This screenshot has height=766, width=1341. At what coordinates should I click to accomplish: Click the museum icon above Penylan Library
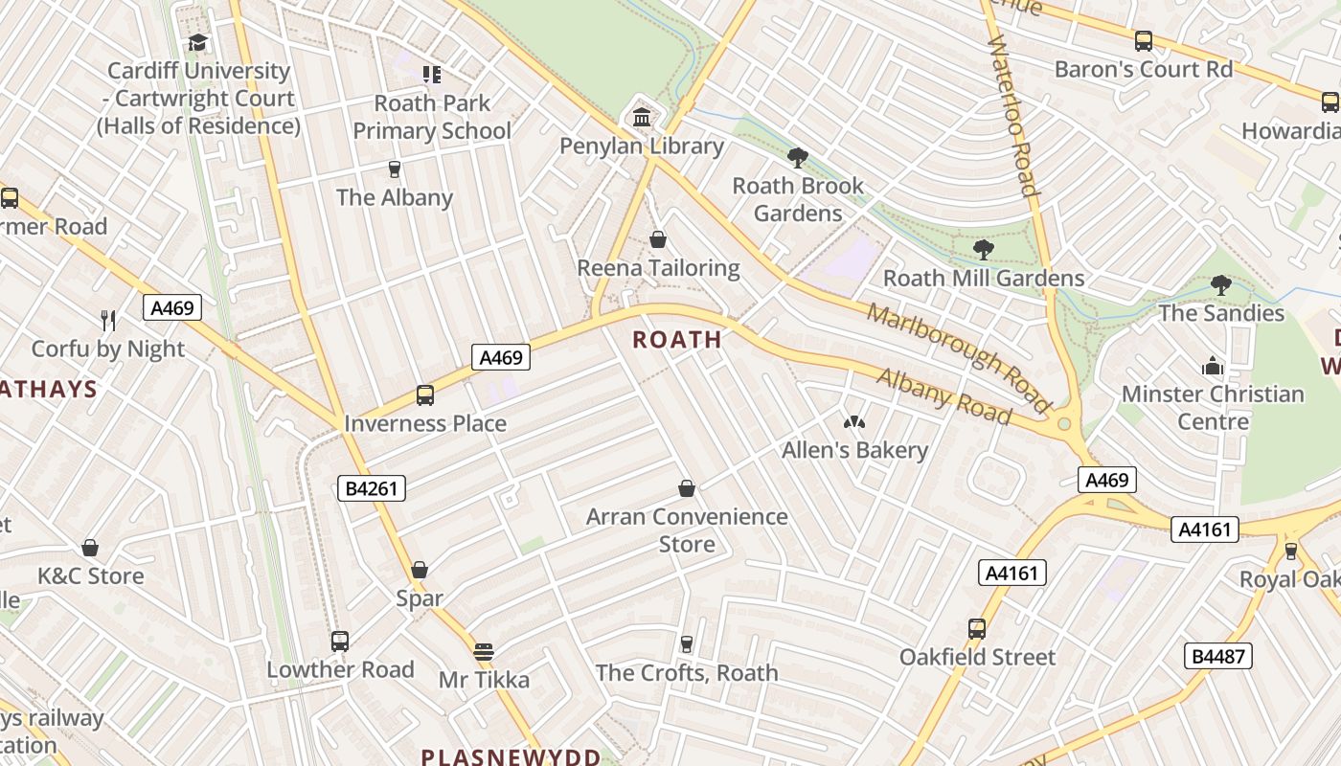click(642, 118)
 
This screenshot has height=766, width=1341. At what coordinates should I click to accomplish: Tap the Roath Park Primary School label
click(432, 117)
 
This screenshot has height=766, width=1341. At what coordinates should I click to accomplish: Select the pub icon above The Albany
click(394, 169)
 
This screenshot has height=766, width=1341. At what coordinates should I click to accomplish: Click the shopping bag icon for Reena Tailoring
click(658, 239)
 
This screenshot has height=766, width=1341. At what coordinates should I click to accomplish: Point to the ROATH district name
click(677, 339)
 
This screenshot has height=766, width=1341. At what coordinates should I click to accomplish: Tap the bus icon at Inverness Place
click(424, 395)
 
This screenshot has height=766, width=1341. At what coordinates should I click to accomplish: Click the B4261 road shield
click(372, 488)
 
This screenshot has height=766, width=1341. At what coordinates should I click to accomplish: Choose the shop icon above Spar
click(420, 571)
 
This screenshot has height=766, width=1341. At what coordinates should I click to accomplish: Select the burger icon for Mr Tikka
click(484, 652)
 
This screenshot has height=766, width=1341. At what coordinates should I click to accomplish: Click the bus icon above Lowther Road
click(339, 642)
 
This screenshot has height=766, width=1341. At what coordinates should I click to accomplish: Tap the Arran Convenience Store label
click(687, 530)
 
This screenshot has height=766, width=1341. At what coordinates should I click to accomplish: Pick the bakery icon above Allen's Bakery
click(853, 422)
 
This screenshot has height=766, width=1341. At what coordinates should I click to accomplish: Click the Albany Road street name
click(943, 395)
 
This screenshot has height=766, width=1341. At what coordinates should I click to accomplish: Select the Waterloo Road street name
click(1012, 116)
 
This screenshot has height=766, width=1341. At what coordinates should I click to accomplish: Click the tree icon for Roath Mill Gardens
click(983, 250)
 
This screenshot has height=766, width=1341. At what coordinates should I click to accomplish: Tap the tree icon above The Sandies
click(1220, 284)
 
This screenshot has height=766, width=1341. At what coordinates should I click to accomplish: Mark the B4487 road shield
click(1218, 656)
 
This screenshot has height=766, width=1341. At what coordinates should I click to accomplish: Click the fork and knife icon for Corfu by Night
click(108, 320)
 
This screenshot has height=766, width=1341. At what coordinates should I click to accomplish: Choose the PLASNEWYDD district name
click(511, 756)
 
